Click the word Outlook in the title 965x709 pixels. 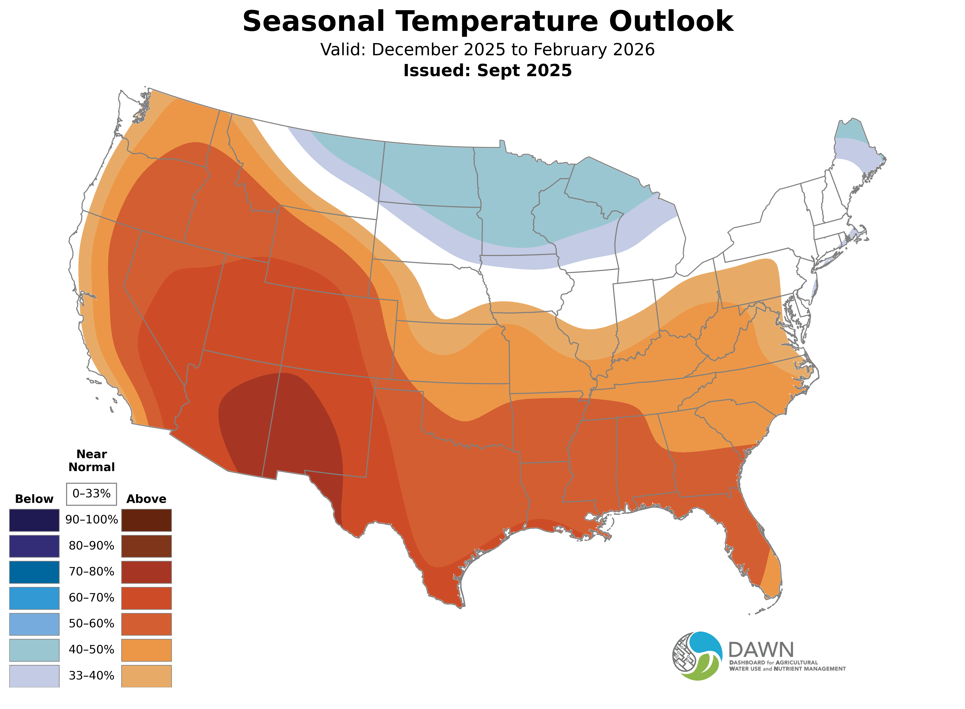coord(671,21)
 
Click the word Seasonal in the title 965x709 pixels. coord(313,21)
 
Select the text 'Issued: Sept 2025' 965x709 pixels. coord(487,70)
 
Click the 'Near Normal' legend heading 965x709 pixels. coord(91,461)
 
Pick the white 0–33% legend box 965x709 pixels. coord(91,494)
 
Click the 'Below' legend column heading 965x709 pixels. coord(34,499)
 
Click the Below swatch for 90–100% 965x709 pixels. coord(34,520)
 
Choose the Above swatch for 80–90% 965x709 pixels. coord(146,546)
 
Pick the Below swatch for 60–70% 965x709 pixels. coord(34,598)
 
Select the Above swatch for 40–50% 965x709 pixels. coord(146,650)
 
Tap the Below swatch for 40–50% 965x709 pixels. coord(34,650)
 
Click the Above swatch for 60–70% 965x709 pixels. coord(146,598)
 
